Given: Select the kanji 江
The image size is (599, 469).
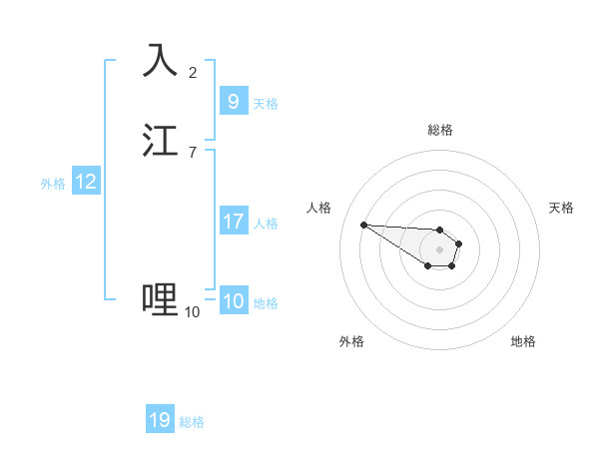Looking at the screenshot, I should tap(160, 141).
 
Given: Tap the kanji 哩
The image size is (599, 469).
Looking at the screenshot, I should tap(160, 298).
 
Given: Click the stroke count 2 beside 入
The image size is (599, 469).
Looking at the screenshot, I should tap(193, 72).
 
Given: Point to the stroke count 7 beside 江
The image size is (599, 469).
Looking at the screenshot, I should tap(193, 153).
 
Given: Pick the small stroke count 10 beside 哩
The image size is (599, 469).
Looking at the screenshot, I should tap(193, 312).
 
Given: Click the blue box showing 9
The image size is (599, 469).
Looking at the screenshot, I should tap(233, 101).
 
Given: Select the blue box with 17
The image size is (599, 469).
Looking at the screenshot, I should tap(233, 221).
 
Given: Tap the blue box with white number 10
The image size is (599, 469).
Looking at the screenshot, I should tap(233, 301).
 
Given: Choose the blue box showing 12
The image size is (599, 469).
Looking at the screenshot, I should tap(86, 182).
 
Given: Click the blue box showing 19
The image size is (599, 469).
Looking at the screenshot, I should tap(160, 419).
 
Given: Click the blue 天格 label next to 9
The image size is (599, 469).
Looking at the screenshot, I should tap(266, 103).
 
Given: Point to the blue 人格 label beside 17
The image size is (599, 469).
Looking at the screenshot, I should tap(266, 223).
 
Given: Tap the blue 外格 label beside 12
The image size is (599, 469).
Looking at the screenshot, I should tap(53, 184).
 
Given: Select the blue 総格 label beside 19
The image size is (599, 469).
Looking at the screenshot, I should tap(192, 422).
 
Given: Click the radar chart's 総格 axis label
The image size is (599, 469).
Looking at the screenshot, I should tap(440, 130).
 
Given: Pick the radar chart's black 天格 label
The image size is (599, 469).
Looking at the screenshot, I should tap(561, 208).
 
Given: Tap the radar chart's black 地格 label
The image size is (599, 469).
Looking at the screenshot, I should tap(523, 341).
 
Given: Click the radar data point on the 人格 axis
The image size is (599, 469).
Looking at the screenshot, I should tap(363, 225).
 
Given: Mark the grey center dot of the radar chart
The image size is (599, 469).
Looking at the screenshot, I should tap(440, 249).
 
